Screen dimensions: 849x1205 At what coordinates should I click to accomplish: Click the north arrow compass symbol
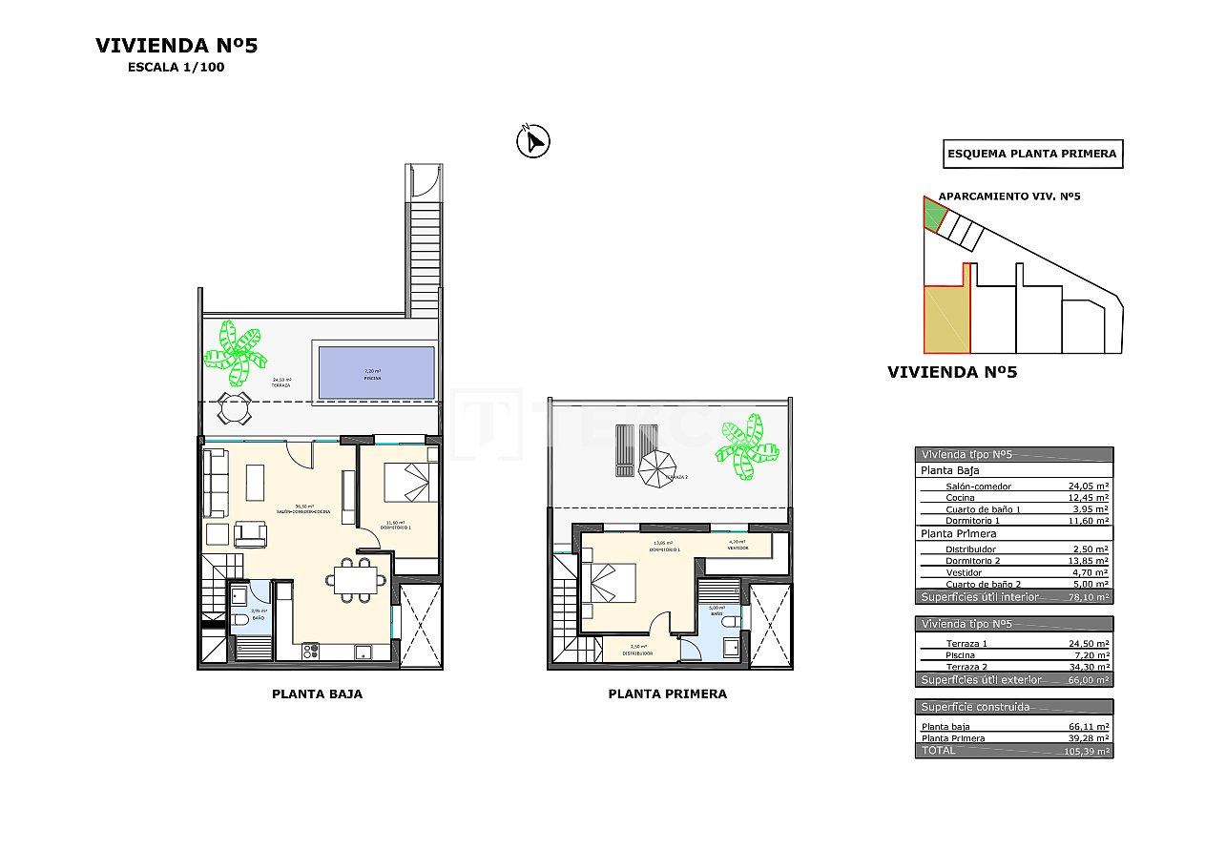tap(532, 141)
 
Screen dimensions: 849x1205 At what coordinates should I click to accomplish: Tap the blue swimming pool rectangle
tap(376, 372)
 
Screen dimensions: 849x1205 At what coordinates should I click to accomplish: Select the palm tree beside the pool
tap(235, 351)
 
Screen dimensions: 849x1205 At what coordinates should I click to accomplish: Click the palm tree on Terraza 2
tap(746, 445)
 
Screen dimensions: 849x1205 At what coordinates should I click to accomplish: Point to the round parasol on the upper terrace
tap(656, 468)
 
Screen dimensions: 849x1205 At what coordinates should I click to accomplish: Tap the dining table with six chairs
tap(355, 578)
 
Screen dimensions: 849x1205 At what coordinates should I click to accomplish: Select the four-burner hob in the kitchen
tap(311, 652)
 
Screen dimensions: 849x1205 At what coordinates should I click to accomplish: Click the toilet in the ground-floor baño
tap(239, 621)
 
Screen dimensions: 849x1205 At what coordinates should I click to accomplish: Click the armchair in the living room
tap(251, 533)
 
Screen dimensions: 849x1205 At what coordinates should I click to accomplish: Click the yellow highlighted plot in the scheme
tap(945, 319)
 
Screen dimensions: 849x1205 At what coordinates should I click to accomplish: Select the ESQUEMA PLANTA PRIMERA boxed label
tap(1031, 154)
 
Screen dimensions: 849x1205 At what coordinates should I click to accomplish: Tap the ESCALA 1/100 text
tap(176, 68)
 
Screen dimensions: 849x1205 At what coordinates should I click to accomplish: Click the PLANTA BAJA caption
tap(317, 694)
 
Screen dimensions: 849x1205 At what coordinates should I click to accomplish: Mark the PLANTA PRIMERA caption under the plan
tap(667, 694)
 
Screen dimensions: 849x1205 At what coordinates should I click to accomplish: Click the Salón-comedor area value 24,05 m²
tap(1088, 486)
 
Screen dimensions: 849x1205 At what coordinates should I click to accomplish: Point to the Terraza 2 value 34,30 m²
tap(1088, 668)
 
